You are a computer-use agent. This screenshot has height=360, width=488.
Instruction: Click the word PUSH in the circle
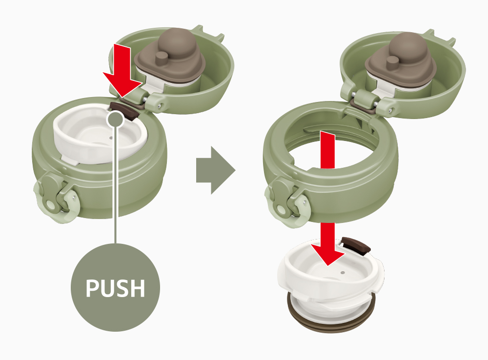pos(116,288)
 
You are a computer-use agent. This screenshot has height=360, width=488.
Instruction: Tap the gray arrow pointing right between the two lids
pos(215,171)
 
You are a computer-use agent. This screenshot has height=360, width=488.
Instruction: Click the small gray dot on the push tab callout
pos(116,118)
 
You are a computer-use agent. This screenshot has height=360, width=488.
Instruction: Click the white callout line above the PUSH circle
pos(116,185)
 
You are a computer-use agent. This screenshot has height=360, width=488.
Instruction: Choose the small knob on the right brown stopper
pos(392,61)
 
